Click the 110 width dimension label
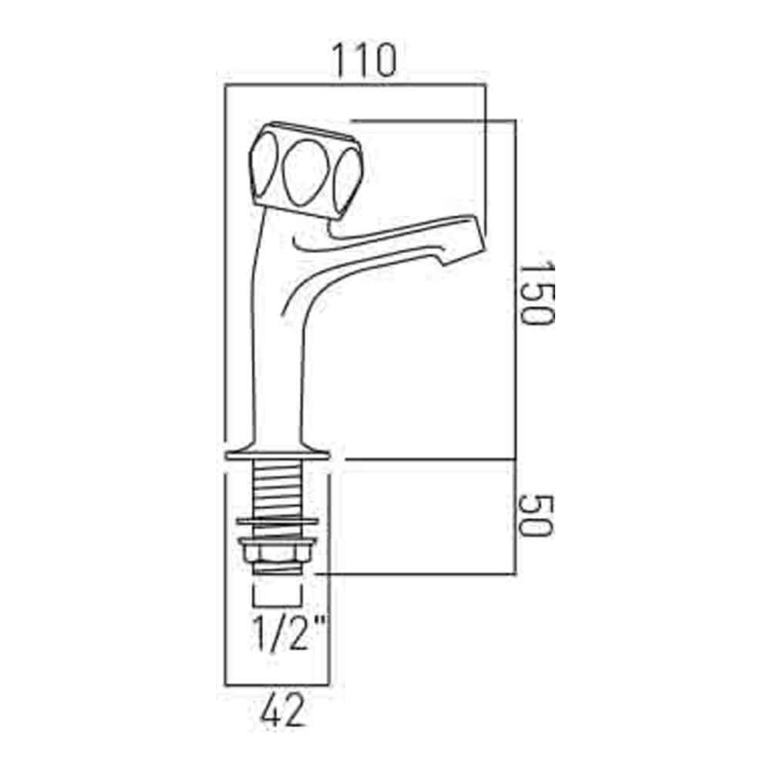[363, 60]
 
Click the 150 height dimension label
[534, 293]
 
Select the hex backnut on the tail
[278, 554]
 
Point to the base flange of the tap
[278, 451]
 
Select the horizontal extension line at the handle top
[432, 120]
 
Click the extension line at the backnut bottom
[416, 574]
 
